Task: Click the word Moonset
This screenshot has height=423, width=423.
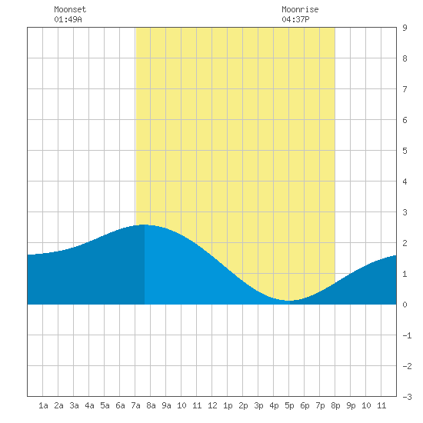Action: (70, 9)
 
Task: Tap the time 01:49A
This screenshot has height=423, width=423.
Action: (68, 19)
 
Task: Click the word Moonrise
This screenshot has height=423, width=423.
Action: (300, 9)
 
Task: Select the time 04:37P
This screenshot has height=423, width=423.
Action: (295, 19)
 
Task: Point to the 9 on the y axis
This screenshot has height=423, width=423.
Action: (405, 28)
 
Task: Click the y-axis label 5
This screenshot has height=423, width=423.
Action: (405, 151)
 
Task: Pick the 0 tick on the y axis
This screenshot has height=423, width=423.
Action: (405, 305)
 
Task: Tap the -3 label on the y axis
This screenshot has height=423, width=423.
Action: (407, 397)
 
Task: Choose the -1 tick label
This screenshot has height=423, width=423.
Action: (407, 335)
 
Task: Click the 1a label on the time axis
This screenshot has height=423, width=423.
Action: (43, 405)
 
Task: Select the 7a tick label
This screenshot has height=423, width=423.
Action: (135, 405)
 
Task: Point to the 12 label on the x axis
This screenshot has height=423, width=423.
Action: (212, 405)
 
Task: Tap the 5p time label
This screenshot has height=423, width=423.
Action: (289, 405)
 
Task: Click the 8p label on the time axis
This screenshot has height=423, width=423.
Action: (335, 405)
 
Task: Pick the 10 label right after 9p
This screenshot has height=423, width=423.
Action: (366, 405)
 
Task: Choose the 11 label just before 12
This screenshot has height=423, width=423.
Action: (197, 405)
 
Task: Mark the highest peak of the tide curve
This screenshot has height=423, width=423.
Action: (145, 225)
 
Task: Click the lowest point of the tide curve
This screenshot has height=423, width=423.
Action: (289, 301)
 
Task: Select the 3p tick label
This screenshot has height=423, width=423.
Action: (258, 405)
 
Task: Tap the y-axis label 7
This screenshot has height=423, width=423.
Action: (405, 89)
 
